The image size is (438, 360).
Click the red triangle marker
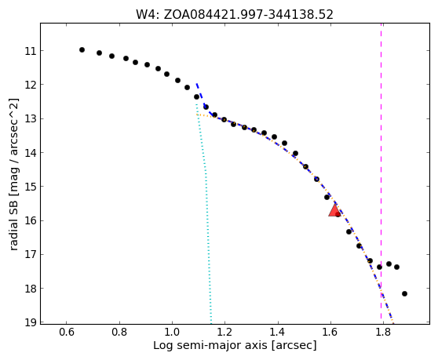(x=334, y=210)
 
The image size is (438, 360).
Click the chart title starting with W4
(x=235, y=15)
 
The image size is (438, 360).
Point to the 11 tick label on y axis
(x=31, y=51)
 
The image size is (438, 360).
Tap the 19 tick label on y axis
(x=31, y=322)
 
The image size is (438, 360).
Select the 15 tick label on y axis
(x=31, y=187)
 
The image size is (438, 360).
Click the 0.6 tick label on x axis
(x=67, y=333)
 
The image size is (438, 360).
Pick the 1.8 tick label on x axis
(x=383, y=333)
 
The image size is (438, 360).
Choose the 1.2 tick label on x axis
(x=224, y=333)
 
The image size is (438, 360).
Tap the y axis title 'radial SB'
(x=14, y=224)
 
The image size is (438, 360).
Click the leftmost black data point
(x=82, y=49)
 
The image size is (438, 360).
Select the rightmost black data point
(x=404, y=293)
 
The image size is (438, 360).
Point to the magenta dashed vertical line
(x=381, y=173)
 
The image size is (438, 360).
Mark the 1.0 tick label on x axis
(x=172, y=333)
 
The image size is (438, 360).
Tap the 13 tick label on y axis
(x=31, y=119)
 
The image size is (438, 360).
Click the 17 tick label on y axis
(x=31, y=255)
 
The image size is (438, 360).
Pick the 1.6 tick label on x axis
(x=330, y=333)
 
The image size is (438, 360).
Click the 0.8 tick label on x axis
(x=119, y=333)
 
